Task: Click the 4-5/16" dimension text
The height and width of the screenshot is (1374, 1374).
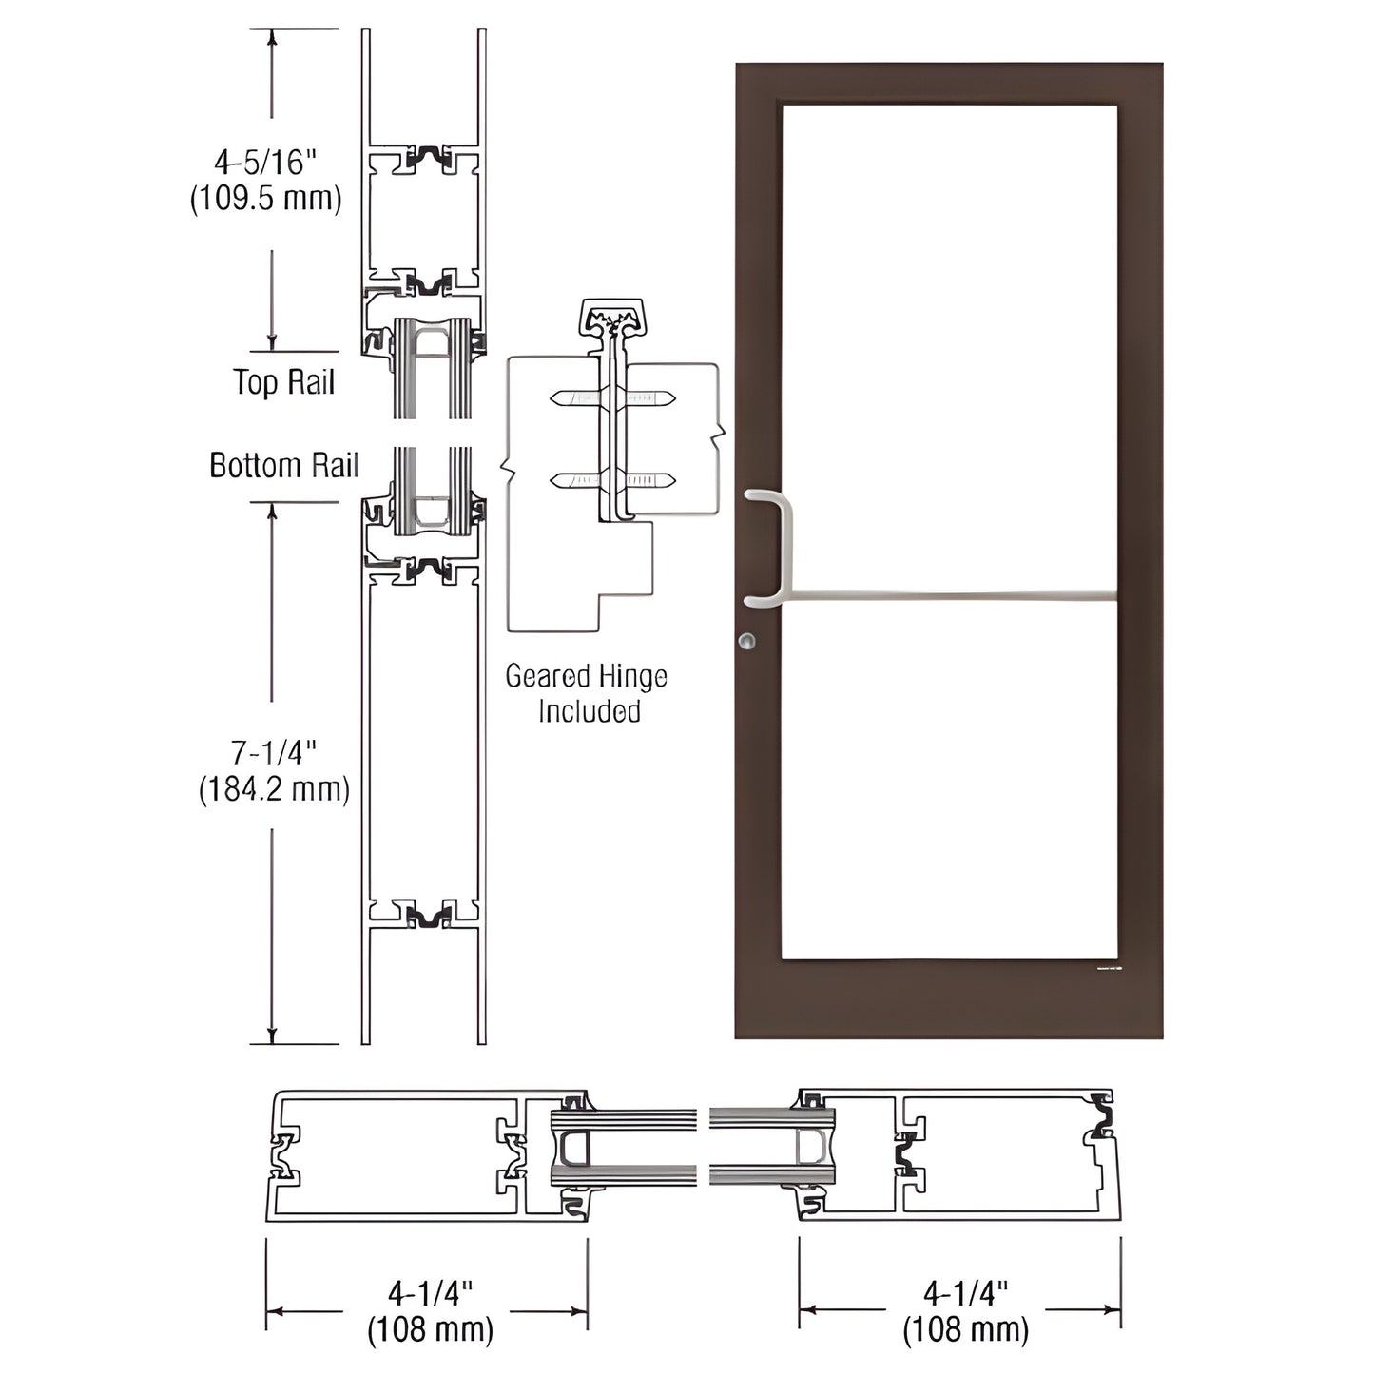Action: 264,163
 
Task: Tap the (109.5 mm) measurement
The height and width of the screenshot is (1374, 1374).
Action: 266,199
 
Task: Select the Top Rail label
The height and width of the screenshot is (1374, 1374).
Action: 284,382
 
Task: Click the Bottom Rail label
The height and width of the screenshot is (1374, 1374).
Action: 283,465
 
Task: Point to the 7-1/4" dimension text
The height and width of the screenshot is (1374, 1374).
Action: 274,753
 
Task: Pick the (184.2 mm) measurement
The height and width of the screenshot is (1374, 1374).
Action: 274,789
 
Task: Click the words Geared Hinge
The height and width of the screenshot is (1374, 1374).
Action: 586,676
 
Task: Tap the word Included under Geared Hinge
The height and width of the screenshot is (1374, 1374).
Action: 589,711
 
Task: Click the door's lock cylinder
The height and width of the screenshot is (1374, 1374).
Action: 748,641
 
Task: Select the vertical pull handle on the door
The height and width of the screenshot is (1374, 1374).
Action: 784,547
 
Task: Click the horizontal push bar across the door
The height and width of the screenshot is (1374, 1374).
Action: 951,597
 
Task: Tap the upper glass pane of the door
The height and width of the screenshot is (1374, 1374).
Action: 949,342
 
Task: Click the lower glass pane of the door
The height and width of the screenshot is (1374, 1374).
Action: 949,780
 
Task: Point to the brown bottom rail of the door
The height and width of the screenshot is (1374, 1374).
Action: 949,998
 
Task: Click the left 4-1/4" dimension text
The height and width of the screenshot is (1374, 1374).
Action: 430,1292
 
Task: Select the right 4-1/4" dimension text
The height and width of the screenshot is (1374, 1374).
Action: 965,1292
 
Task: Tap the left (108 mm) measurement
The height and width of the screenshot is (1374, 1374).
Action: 430,1328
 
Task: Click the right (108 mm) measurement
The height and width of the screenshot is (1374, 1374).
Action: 965,1328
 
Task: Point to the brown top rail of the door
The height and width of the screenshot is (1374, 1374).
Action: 949,83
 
